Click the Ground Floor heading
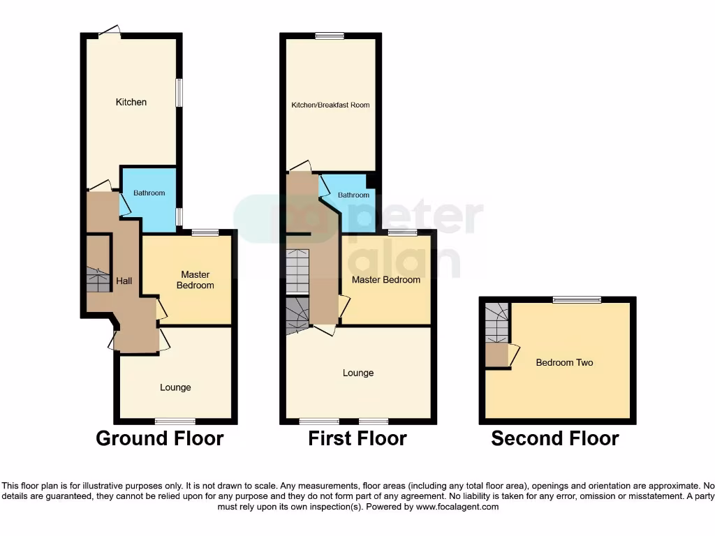click(159, 438)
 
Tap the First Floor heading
click(357, 438)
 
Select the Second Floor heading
click(555, 438)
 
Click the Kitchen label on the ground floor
click(131, 103)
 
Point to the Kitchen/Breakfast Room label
click(330, 105)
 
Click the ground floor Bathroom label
click(149, 193)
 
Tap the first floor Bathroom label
click(353, 195)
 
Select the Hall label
click(124, 281)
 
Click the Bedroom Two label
click(564, 363)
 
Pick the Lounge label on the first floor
click(358, 373)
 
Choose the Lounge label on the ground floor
click(175, 387)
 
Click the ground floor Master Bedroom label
click(195, 280)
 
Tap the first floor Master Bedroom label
click(386, 280)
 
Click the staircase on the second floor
click(496, 322)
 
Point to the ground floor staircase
click(98, 279)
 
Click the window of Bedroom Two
click(577, 300)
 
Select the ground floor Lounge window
click(175, 421)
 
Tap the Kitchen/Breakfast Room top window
click(329, 36)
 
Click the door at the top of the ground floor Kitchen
click(110, 32)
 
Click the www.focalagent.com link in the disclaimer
click(457, 507)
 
